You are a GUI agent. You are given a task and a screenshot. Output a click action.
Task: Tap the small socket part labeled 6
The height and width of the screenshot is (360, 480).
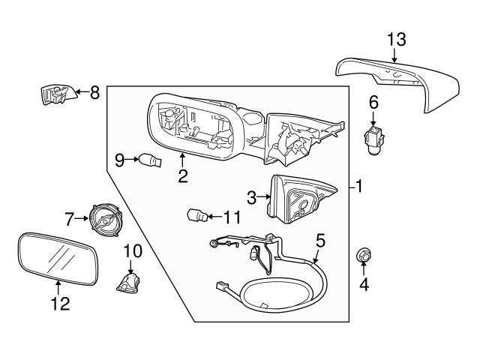pyautogui.click(x=373, y=137)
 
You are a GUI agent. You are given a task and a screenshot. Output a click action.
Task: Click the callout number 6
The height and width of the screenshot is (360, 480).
pyautogui.click(x=373, y=101)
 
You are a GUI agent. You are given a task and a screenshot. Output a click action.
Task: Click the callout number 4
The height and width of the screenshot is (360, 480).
pyautogui.click(x=364, y=286)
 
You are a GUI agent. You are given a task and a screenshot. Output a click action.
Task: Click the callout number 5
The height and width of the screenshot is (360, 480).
pyautogui.click(x=320, y=241)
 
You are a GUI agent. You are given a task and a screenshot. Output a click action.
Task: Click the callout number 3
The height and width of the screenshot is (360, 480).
pyautogui.click(x=252, y=197)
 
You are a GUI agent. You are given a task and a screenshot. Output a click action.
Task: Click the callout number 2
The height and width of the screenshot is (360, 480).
pyautogui.click(x=182, y=177)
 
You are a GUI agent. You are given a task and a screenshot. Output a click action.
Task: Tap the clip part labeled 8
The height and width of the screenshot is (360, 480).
pyautogui.click(x=55, y=94)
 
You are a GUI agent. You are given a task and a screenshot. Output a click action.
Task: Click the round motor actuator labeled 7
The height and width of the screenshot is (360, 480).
pyautogui.click(x=105, y=219)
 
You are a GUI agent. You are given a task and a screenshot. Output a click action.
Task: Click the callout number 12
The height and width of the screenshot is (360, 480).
pyautogui.click(x=59, y=304)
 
